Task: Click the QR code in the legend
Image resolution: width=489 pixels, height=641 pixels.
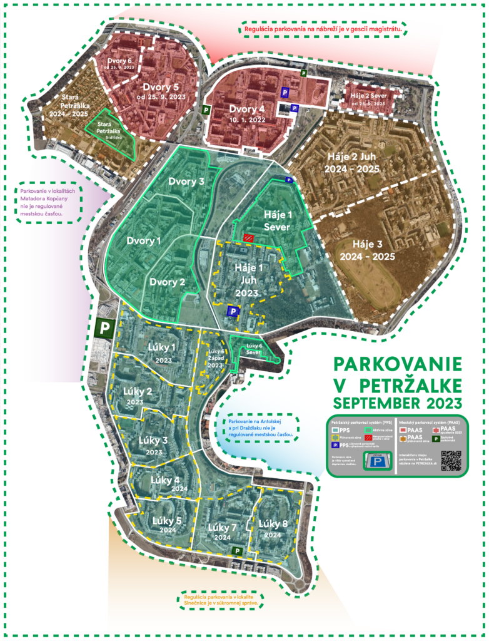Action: point(450,460)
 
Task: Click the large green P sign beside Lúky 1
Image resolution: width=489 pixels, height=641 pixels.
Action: point(104,327)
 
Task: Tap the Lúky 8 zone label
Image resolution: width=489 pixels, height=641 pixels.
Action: point(273,529)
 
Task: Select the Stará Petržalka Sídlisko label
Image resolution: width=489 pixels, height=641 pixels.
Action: point(113,128)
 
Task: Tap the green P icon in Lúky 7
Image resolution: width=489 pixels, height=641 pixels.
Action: point(237,550)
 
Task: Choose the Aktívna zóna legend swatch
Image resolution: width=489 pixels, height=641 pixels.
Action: point(371,430)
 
